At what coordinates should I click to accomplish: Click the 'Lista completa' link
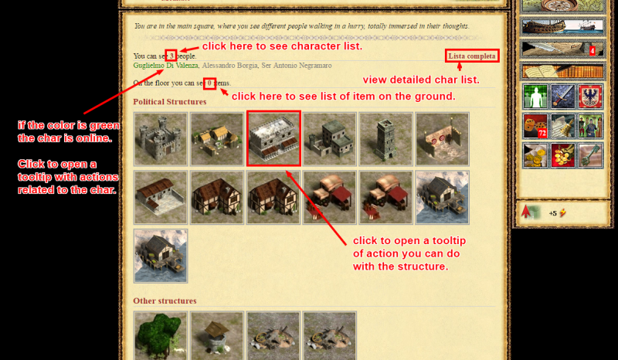tap(472, 56)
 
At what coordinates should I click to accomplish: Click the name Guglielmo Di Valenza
tap(165, 66)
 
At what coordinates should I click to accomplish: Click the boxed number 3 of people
tap(171, 56)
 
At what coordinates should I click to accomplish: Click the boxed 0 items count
tap(209, 83)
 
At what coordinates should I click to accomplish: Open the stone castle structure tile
tap(161, 139)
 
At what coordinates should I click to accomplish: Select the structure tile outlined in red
tap(273, 138)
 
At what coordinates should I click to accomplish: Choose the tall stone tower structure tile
tap(385, 139)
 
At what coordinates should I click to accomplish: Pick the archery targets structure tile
tap(442, 139)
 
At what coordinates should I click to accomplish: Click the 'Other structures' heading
tap(165, 301)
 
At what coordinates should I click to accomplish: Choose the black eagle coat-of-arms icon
tap(590, 97)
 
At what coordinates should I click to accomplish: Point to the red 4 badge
tap(593, 51)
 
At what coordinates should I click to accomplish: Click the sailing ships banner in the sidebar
tap(562, 25)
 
